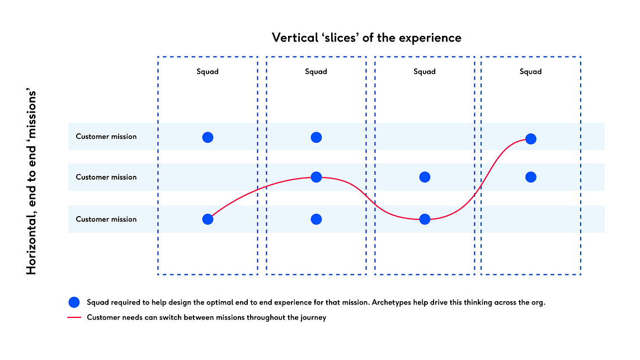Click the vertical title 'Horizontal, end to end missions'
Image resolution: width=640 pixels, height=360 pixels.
31,183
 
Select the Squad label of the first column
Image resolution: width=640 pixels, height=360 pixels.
208,72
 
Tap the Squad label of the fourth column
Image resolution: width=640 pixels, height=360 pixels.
530,72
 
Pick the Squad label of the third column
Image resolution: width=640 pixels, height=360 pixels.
425,72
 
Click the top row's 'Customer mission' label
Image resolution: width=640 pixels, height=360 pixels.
106,137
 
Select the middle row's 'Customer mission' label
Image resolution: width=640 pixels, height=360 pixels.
106,177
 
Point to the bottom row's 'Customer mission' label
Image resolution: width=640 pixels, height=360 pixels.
106,219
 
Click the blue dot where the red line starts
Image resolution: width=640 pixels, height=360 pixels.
208,219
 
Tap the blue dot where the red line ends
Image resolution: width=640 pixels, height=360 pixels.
530,139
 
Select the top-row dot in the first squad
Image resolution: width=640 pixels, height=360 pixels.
208,137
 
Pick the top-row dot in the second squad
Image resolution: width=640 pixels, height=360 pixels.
316,137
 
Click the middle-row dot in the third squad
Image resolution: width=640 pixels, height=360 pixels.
425,177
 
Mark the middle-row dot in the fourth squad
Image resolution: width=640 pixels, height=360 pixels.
530,177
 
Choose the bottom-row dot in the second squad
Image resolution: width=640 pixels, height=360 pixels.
316,219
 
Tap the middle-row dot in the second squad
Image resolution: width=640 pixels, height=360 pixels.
316,177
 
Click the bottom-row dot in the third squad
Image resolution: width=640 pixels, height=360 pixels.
425,219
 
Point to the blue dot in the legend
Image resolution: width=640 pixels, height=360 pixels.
74,302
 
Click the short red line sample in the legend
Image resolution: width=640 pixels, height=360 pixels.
74,317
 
